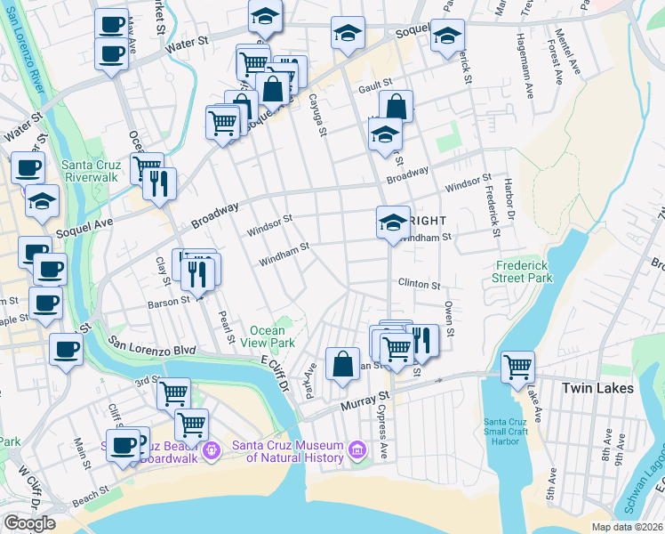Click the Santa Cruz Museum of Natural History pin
point(357,450)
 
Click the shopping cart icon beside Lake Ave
point(517,367)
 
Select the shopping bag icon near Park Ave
point(342,363)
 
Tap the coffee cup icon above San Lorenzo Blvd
point(66,348)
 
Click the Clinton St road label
point(419,285)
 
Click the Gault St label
point(375,88)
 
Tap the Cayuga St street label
point(315,115)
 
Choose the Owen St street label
point(450,319)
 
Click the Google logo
point(29,523)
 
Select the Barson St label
point(166,301)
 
